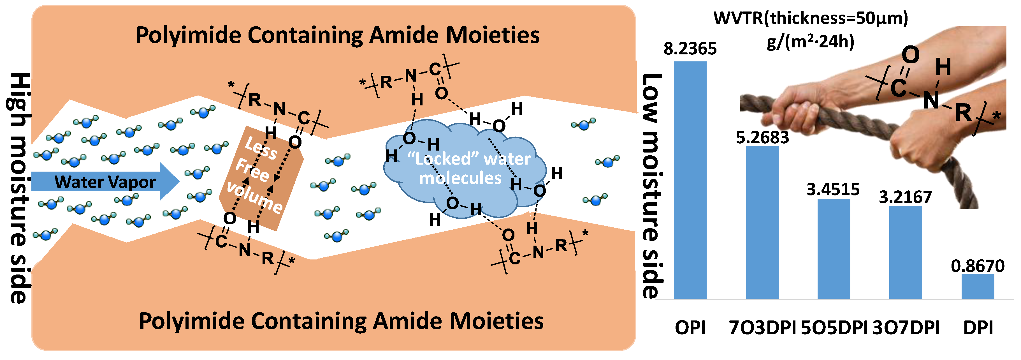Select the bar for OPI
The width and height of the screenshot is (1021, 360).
690,180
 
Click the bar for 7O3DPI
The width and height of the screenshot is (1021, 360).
762,222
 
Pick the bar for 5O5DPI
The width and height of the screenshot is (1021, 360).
834,249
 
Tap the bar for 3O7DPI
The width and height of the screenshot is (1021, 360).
905,253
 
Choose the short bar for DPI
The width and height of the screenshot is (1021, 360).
978,286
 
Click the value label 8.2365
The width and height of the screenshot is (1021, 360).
690,49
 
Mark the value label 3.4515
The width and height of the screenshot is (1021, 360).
833,190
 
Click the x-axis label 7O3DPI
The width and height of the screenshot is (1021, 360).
762,328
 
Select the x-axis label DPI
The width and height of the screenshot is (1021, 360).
978,328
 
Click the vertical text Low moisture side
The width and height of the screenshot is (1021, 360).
652,186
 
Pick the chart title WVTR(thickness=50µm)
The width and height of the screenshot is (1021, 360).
811,18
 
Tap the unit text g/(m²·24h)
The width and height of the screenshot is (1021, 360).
811,41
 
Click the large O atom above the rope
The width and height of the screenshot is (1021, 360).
910,55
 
